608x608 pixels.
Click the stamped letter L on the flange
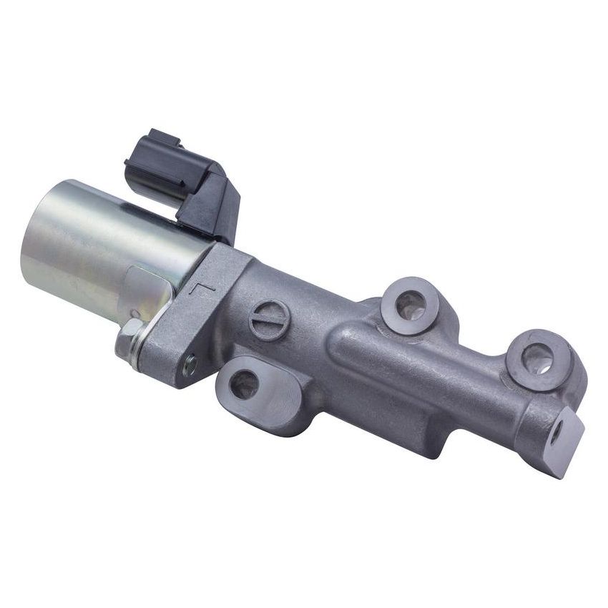[x=202, y=290]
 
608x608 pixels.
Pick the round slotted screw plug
[x=269, y=319]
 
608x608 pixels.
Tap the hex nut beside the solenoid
[x=130, y=334]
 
